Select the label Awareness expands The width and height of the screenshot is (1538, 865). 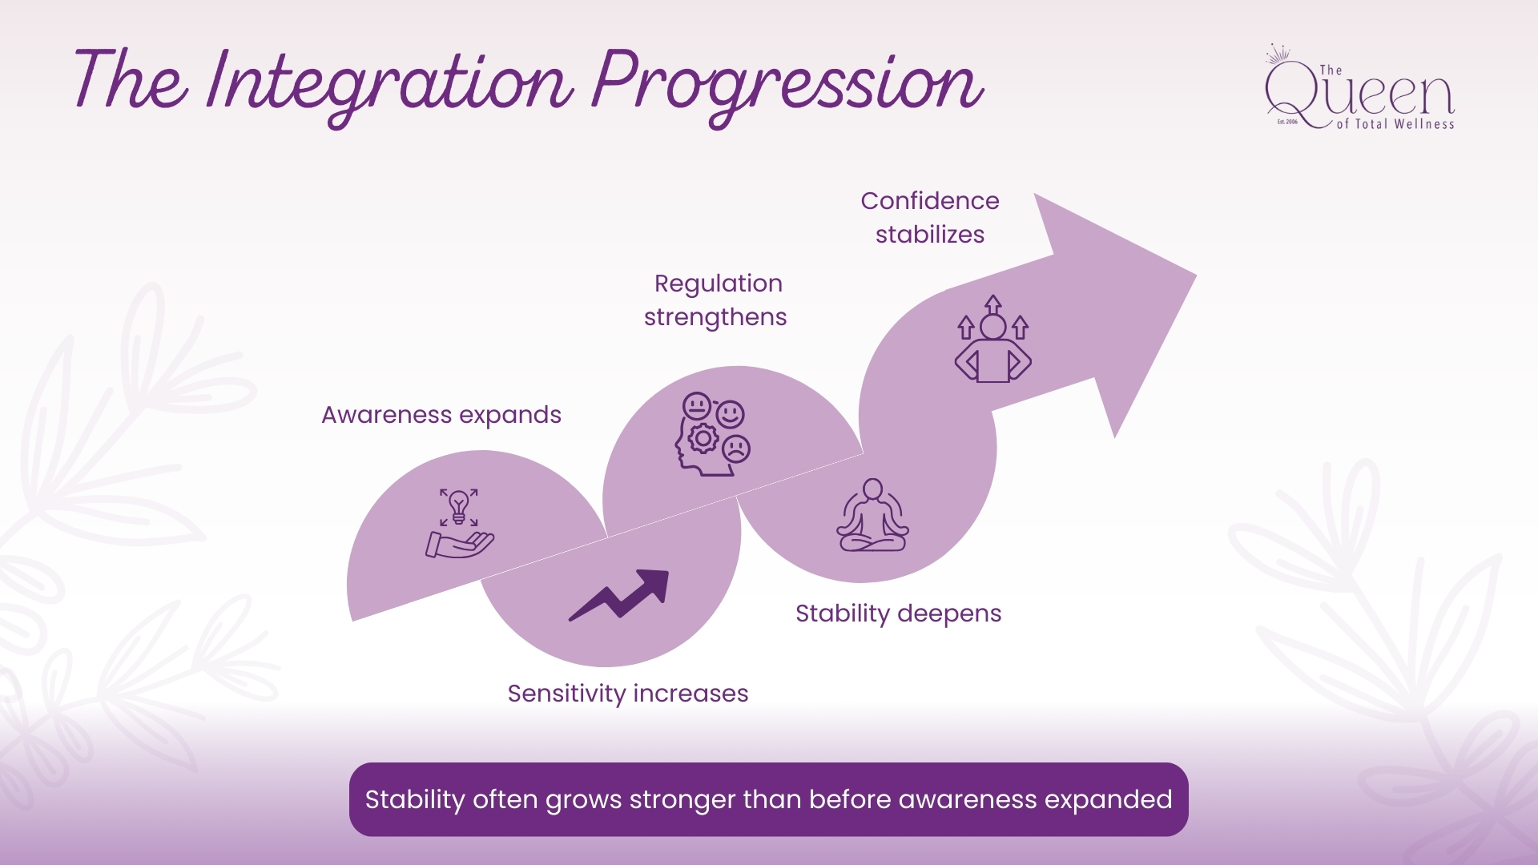(x=441, y=415)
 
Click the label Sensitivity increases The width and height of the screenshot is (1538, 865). (x=628, y=694)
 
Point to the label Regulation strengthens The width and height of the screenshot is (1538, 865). (x=716, y=300)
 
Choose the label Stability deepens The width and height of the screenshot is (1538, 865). (x=898, y=614)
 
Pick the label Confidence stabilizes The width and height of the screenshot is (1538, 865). (x=930, y=218)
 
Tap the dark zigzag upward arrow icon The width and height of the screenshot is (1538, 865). (x=619, y=595)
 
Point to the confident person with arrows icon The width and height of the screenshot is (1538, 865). (x=993, y=340)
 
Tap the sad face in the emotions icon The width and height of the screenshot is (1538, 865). (x=736, y=449)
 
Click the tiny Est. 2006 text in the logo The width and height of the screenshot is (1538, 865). (x=1287, y=122)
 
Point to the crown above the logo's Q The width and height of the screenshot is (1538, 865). (x=1278, y=54)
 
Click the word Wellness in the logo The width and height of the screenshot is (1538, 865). (x=1424, y=124)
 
